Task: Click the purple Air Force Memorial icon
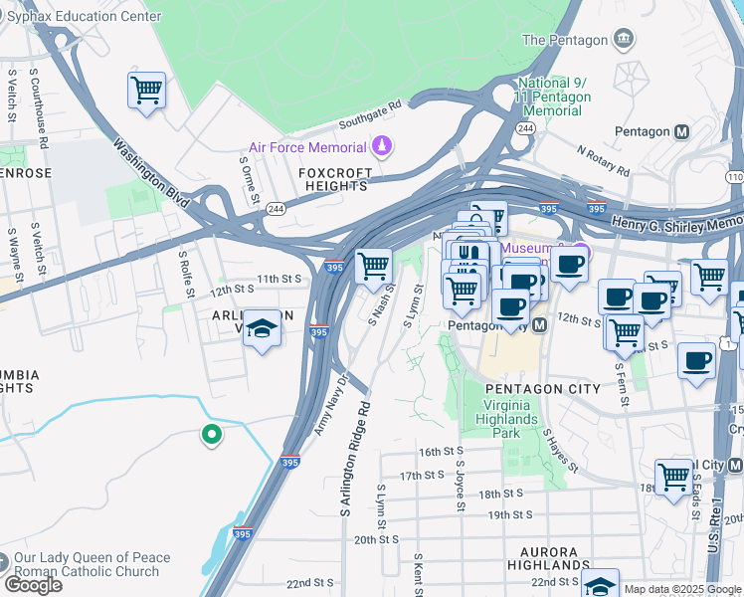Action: [380, 148]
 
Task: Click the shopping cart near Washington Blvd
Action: [147, 91]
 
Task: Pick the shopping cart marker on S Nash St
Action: [373, 267]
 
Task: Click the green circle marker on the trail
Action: [211, 434]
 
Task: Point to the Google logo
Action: [34, 585]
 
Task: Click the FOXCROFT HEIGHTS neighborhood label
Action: [335, 179]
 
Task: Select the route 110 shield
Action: [734, 176]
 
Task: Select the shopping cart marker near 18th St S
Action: [673, 477]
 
